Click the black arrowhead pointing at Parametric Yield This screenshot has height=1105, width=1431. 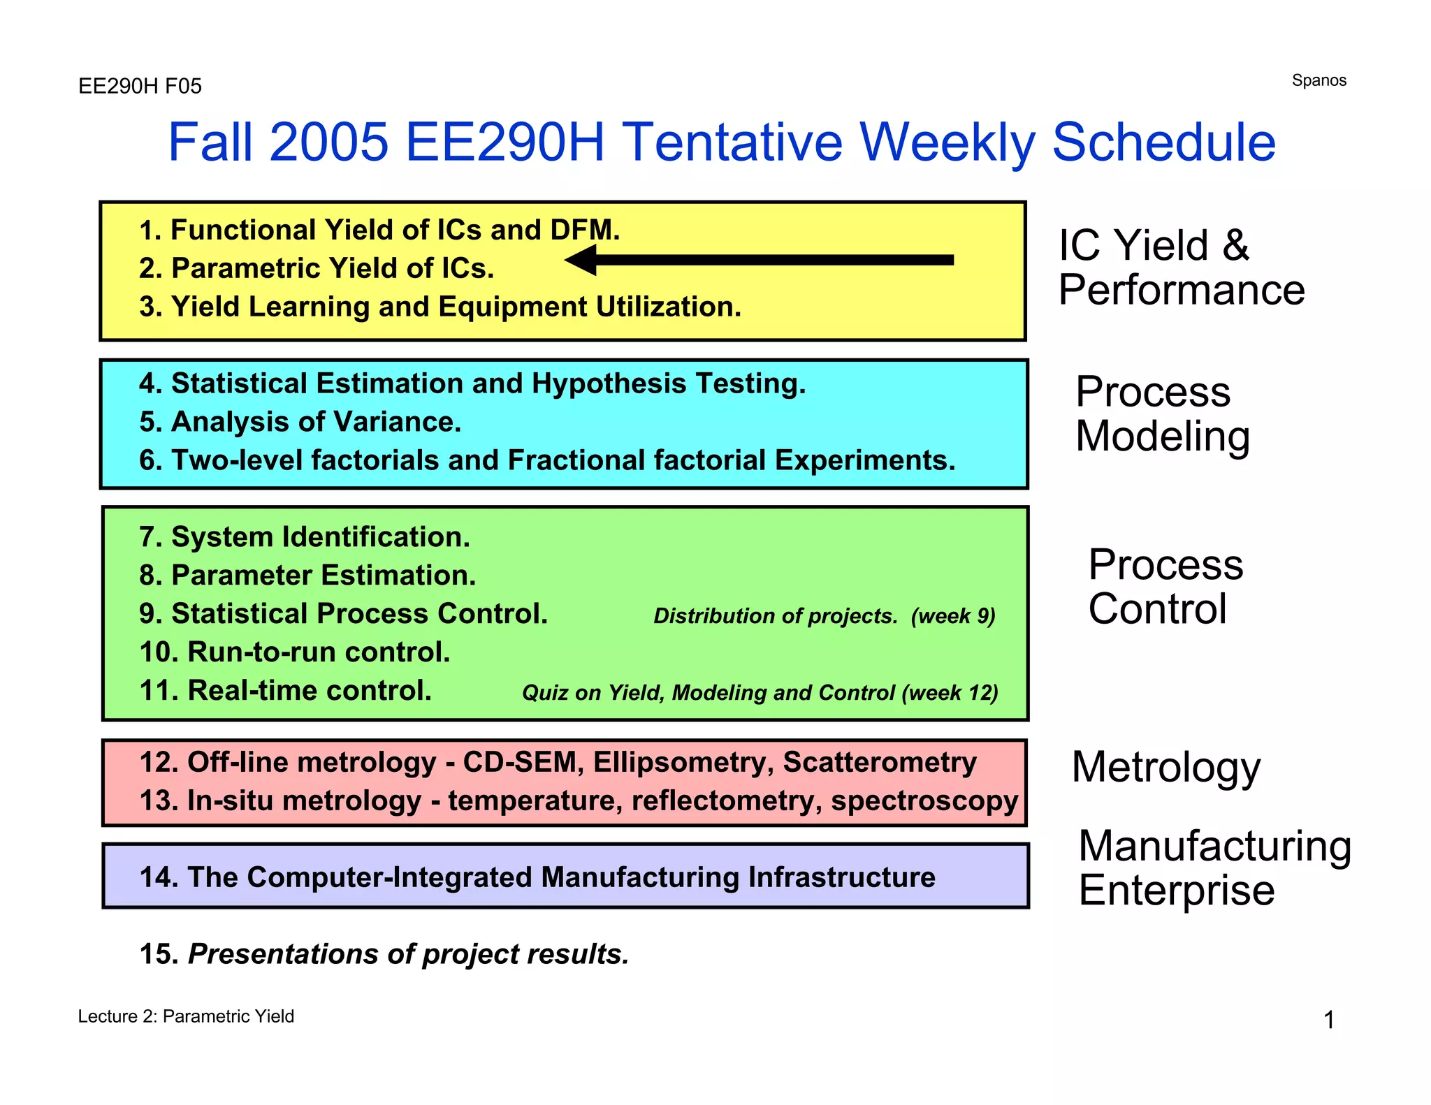[582, 260]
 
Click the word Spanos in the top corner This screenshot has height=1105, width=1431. [1319, 80]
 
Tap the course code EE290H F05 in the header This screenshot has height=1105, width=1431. [140, 86]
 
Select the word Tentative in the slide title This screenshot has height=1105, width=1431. [732, 142]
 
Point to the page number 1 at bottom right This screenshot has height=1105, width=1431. [1329, 1020]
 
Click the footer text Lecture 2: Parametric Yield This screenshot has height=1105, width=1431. [186, 1016]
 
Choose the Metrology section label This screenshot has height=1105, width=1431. [1165, 767]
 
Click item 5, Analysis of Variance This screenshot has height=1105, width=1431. [300, 422]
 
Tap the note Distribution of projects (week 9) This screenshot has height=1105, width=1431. [824, 616]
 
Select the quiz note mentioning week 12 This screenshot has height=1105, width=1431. [760, 693]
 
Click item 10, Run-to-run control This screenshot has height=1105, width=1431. [295, 652]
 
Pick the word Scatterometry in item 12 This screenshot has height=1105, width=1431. [879, 762]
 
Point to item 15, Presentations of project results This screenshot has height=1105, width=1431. [384, 954]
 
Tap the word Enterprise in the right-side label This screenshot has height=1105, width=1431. [1176, 891]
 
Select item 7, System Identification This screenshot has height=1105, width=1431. [305, 537]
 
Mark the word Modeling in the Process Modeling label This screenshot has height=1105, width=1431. [1162, 437]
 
